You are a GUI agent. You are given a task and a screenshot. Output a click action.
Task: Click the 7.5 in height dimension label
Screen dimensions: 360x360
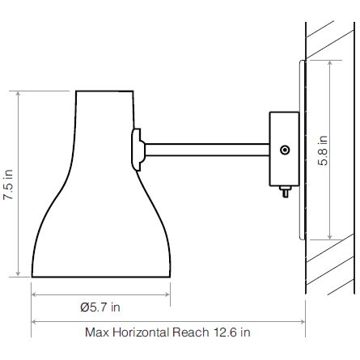pyautogui.click(x=8, y=184)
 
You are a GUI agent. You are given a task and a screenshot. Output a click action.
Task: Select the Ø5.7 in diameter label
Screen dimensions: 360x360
pyautogui.click(x=100, y=307)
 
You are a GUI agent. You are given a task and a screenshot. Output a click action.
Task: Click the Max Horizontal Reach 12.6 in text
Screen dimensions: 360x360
pyautogui.click(x=167, y=332)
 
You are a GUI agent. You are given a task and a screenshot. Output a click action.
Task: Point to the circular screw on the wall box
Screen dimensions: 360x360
pyautogui.click(x=284, y=150)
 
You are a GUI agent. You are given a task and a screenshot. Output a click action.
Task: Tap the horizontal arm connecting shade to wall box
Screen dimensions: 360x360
pyautogui.click(x=206, y=150)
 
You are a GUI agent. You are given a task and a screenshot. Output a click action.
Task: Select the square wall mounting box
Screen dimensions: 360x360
pyautogui.click(x=283, y=148)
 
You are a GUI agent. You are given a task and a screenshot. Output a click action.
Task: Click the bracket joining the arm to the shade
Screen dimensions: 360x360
pyautogui.click(x=137, y=149)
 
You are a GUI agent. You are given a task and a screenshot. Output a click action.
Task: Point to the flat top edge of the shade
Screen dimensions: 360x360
pyautogui.click(x=104, y=91)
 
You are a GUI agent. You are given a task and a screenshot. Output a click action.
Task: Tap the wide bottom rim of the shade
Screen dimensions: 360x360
pyautogui.click(x=100, y=277)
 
